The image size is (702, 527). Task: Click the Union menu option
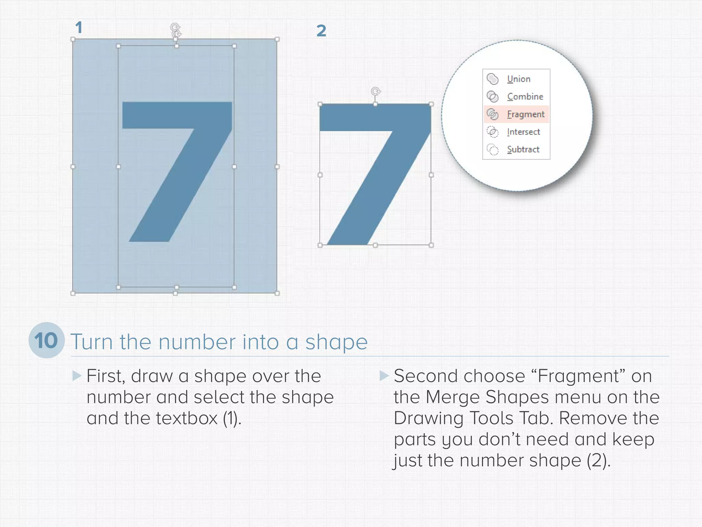point(519,79)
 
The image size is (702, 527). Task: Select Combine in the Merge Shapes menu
point(525,97)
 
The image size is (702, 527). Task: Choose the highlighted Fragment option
point(525,114)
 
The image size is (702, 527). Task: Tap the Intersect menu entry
point(523,132)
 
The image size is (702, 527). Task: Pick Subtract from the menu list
point(523,150)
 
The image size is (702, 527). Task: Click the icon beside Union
point(493,79)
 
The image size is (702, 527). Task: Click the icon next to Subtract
point(493,150)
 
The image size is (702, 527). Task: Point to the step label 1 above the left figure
point(79,27)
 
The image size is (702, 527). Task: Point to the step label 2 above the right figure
point(321,31)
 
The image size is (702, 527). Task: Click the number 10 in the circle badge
point(46,341)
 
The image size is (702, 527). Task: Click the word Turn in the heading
point(92,342)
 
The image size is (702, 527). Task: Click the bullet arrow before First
point(77,376)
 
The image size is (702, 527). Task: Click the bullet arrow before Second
point(384,376)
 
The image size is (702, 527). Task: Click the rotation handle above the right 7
point(376,91)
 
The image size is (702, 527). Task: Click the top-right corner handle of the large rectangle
point(277,39)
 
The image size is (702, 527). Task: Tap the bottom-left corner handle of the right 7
point(320,245)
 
